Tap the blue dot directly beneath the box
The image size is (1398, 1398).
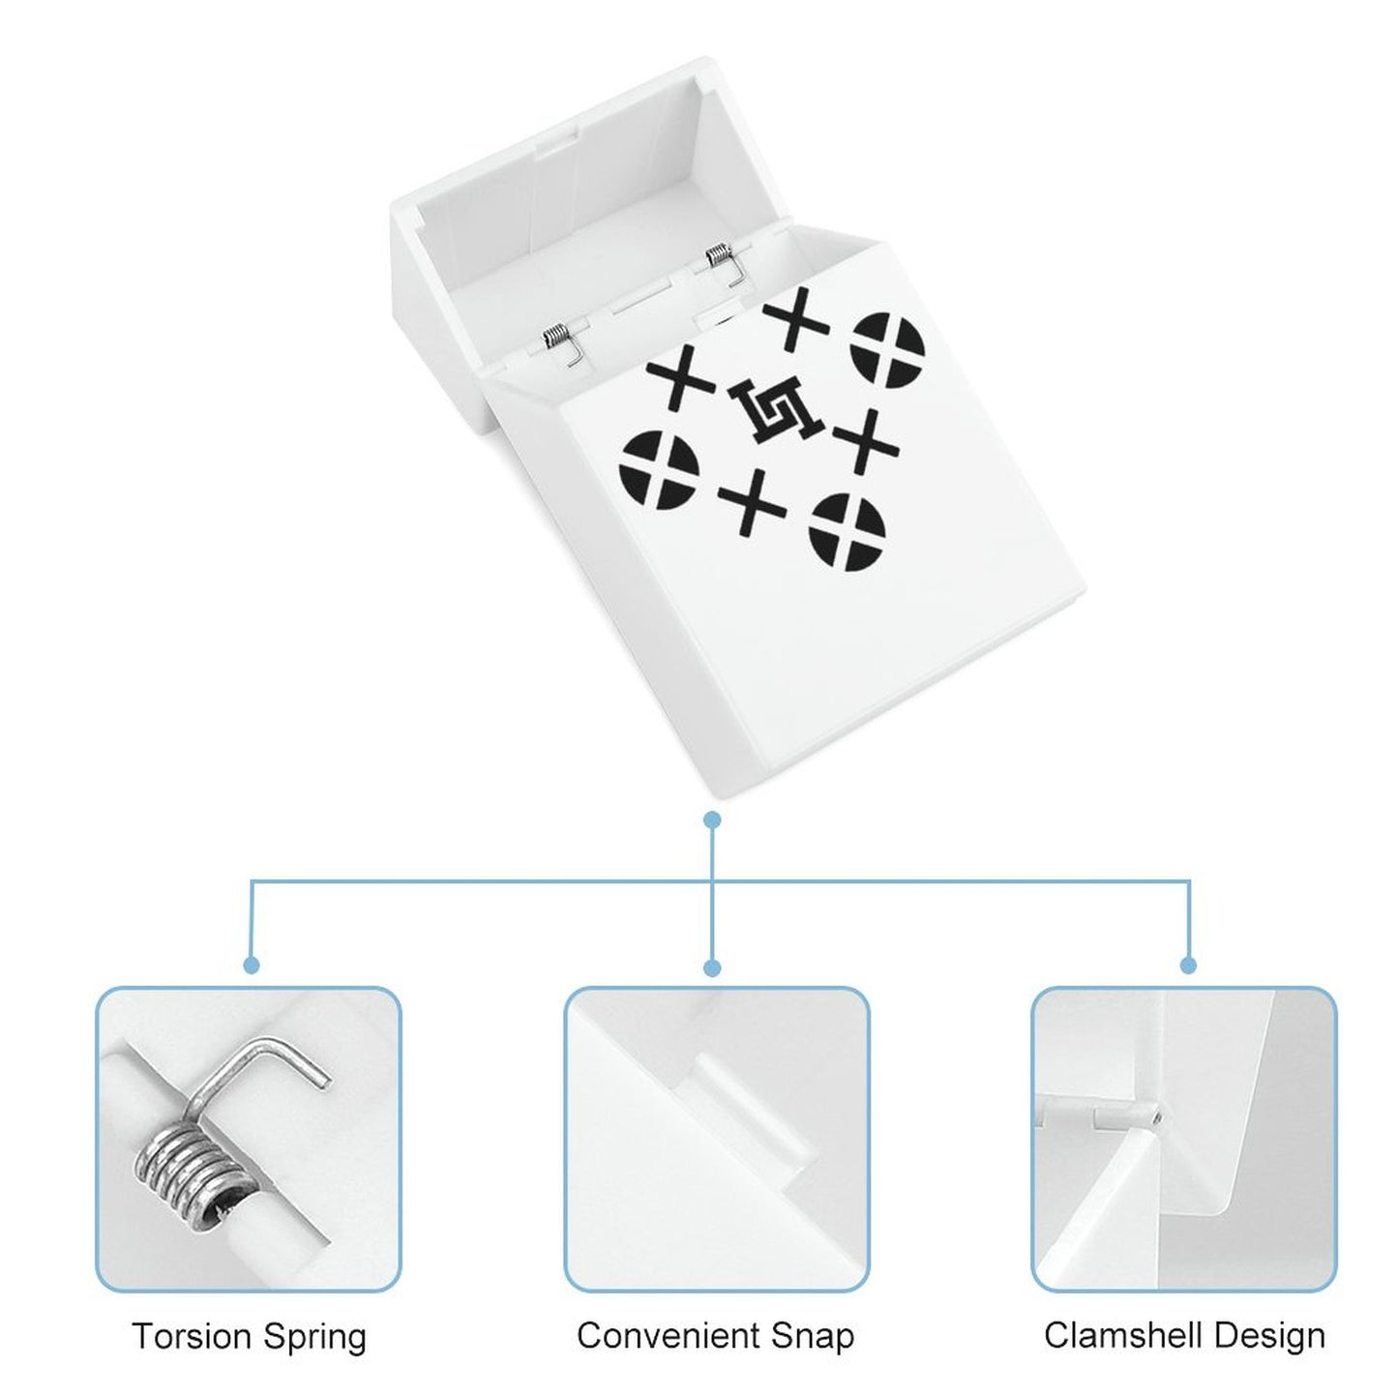click(713, 820)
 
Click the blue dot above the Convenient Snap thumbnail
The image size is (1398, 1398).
click(713, 967)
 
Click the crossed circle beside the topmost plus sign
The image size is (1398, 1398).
click(889, 349)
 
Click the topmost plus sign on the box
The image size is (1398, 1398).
click(796, 318)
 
